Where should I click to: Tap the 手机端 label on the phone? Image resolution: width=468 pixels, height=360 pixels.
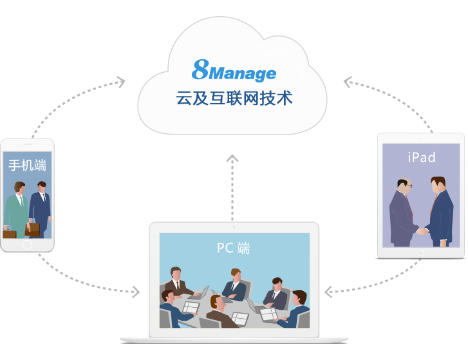click(27, 166)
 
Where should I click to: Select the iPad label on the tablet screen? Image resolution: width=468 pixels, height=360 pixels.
click(421, 157)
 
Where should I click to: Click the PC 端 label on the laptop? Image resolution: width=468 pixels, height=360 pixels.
click(233, 248)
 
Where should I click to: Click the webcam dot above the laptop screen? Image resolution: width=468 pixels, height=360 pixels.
click(234, 227)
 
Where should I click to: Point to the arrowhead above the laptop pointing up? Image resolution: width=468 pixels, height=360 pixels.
click(233, 156)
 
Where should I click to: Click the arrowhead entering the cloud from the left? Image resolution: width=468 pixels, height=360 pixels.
click(120, 81)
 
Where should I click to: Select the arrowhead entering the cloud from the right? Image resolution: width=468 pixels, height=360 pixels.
click(348, 82)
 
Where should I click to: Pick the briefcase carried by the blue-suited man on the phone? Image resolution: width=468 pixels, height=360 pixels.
click(32, 228)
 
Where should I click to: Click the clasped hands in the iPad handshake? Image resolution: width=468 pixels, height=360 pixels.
click(421, 229)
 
